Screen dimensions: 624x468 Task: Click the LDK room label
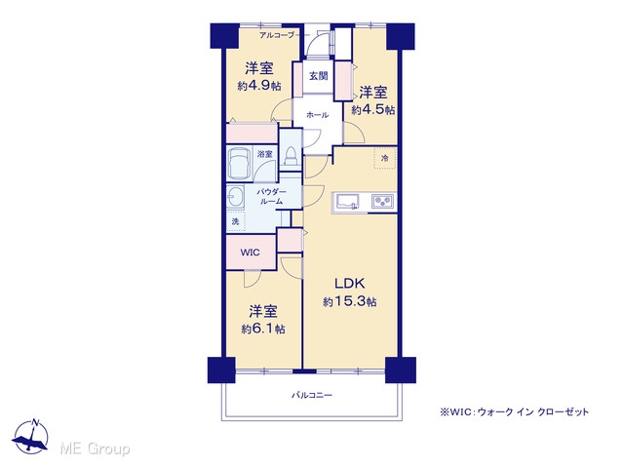point(350,284)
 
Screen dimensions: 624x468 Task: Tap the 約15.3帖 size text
point(350,301)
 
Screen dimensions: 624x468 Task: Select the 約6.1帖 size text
point(263,329)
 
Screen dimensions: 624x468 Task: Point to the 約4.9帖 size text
point(259,86)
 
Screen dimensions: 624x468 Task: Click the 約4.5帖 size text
point(372,109)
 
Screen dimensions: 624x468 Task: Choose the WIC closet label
point(250,253)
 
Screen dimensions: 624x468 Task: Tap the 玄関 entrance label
point(319,76)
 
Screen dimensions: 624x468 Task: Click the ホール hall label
point(317,115)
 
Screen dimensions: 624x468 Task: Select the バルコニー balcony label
point(312,395)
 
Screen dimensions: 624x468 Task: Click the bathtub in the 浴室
point(239,164)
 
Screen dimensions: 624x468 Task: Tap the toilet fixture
point(292,155)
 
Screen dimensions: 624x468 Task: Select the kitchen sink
point(347,202)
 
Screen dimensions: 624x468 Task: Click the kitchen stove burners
point(382,202)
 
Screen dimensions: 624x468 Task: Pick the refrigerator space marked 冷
point(384,158)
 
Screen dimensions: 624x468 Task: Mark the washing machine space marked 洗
point(236,221)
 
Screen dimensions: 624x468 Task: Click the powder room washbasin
point(235,196)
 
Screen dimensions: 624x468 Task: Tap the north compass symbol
point(30,437)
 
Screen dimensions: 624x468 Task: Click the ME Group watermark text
point(95,448)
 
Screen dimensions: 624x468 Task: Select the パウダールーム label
point(271,197)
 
